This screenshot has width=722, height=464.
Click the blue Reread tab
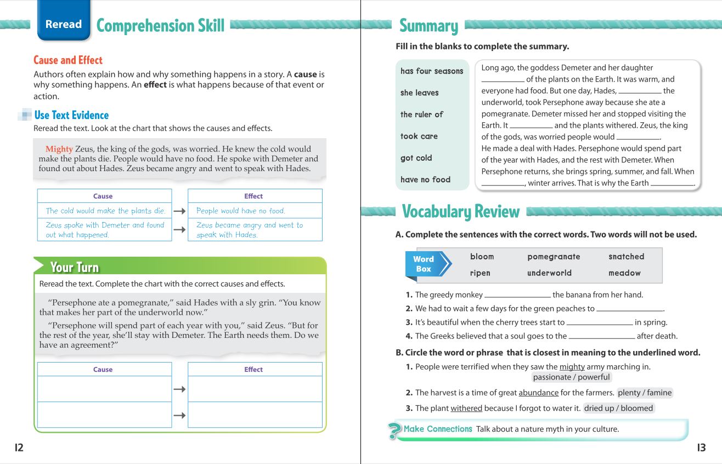tap(64, 24)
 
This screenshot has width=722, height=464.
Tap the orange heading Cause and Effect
tap(68, 60)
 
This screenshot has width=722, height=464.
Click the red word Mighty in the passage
tap(59, 149)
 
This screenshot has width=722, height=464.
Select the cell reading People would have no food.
tap(255, 211)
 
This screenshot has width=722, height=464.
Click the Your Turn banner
tap(75, 267)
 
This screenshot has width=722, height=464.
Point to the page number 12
tap(19, 448)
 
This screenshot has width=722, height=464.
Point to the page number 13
tap(701, 448)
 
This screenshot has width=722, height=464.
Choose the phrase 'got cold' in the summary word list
tap(416, 158)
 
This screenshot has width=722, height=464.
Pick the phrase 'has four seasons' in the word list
tap(432, 71)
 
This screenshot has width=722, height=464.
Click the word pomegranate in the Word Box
tap(554, 257)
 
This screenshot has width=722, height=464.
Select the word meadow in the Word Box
tap(624, 273)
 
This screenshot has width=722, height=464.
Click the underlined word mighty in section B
tap(572, 367)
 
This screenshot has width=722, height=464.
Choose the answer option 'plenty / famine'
tap(645, 393)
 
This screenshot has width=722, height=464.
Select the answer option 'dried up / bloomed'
tap(618, 408)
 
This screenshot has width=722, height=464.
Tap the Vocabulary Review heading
tap(460, 212)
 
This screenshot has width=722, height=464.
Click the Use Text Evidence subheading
tap(71, 115)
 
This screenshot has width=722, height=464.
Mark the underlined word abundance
tap(538, 393)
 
